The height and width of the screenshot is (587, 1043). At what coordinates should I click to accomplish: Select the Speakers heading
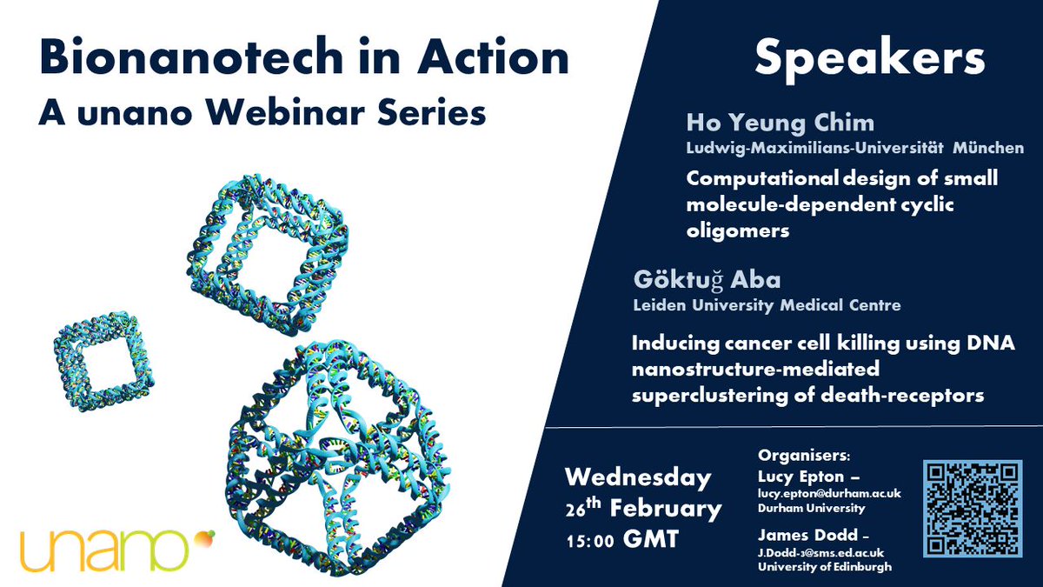pos(868,58)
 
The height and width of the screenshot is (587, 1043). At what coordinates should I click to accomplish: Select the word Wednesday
pos(638,478)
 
